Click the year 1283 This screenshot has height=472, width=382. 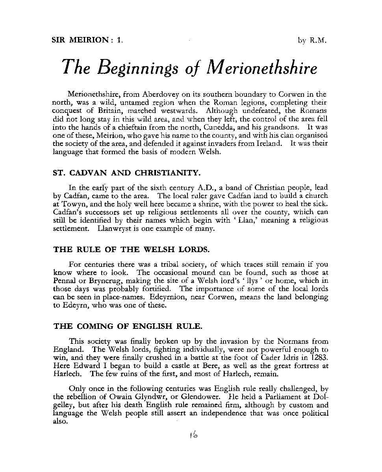pos(319,358)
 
